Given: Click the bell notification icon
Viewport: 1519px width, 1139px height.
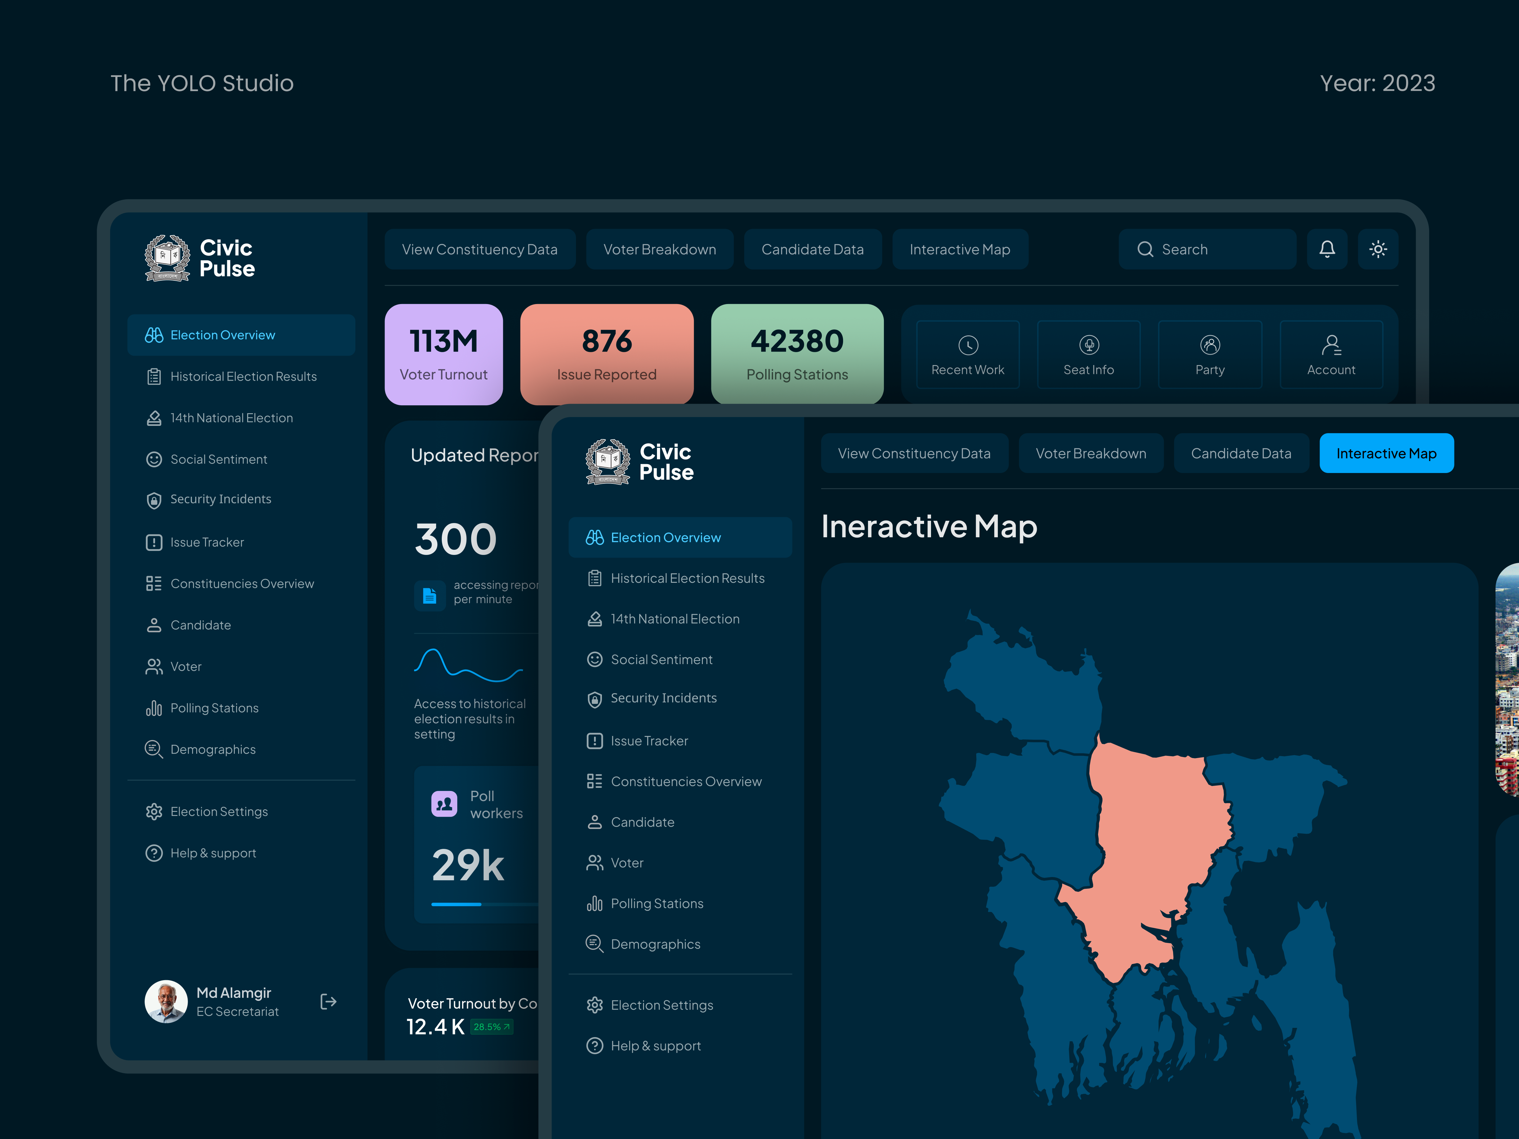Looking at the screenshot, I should (1327, 249).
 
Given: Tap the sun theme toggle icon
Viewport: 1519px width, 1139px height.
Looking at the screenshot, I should (1378, 249).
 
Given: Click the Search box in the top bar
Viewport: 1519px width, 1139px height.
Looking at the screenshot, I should (1207, 249).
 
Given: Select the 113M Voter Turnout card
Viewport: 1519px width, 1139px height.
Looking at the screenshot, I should (444, 354).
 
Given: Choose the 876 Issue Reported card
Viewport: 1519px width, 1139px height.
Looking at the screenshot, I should (606, 354).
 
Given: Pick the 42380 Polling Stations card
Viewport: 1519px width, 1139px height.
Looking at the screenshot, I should (797, 354).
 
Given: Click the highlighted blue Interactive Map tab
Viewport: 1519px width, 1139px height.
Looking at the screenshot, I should (1386, 453).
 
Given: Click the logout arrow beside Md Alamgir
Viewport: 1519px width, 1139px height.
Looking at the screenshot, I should (328, 1002).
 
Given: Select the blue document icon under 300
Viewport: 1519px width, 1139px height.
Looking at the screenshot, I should (430, 595).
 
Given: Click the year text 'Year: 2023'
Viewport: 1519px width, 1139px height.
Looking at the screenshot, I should (1377, 83).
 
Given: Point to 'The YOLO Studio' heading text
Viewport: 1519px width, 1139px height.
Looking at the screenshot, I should (202, 83).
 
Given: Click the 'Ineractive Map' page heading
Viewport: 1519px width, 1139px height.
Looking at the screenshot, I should (928, 526).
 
